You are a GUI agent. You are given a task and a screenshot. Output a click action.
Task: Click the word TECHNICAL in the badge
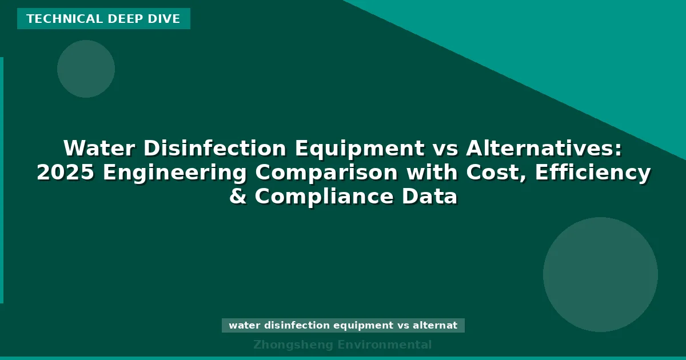tap(54, 19)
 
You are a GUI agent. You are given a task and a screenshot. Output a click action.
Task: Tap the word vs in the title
tap(444, 149)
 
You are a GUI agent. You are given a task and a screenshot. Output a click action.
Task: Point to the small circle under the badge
tap(86, 69)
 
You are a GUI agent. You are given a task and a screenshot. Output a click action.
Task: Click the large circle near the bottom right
tap(600, 274)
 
